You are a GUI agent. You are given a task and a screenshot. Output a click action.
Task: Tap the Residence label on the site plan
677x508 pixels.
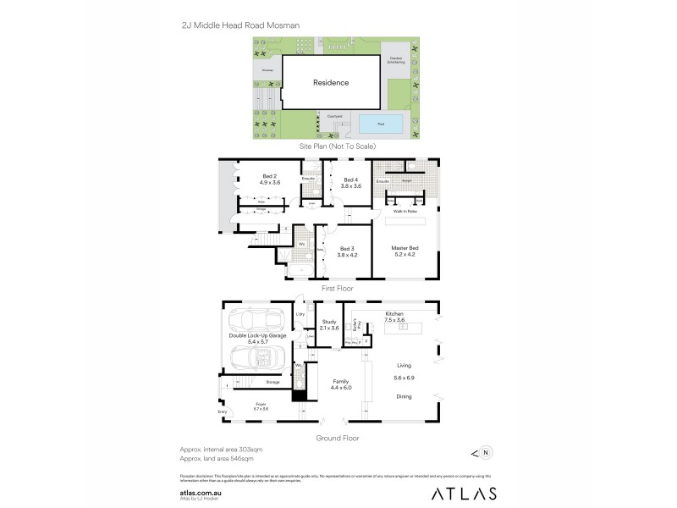pos(331,83)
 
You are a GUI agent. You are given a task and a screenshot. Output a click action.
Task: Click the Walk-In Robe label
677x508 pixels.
pos(405,210)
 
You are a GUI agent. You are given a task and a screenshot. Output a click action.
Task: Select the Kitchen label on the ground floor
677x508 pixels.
pos(394,315)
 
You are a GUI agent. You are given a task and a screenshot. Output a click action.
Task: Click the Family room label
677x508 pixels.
pos(341,384)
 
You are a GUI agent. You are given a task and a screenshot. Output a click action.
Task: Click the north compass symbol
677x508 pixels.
pos(485,451)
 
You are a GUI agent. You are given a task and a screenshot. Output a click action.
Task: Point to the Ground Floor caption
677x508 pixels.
pos(338,438)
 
